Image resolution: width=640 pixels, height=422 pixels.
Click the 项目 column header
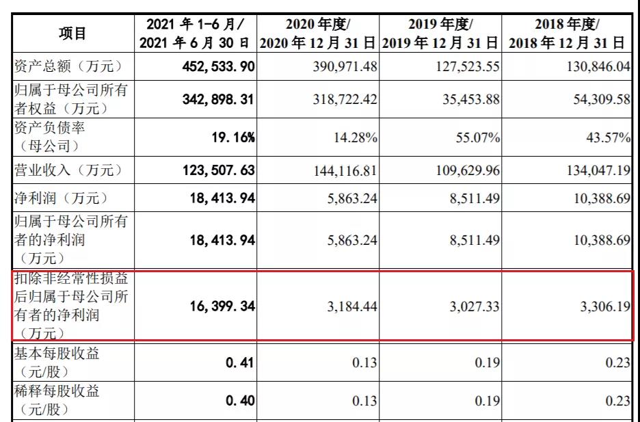click(72, 34)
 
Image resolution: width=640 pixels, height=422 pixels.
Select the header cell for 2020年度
click(318, 33)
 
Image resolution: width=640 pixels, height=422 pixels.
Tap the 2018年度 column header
click(567, 33)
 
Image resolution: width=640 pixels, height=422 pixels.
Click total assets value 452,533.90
click(218, 66)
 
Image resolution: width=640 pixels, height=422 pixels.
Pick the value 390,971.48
click(345, 66)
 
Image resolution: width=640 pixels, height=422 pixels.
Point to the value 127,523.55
click(467, 66)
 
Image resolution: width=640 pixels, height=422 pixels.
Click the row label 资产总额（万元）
click(68, 66)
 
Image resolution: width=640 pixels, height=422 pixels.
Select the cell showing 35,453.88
click(471, 99)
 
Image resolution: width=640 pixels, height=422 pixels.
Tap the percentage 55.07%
click(478, 137)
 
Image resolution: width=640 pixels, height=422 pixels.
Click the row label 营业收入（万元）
click(68, 170)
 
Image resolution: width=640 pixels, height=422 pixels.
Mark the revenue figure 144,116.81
click(345, 170)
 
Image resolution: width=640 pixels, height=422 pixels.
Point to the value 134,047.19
click(598, 170)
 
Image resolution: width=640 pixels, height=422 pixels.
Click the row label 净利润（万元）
click(62, 198)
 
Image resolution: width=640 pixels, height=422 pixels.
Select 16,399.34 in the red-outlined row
click(222, 306)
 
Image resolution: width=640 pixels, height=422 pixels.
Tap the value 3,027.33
click(475, 306)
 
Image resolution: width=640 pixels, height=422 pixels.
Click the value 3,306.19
click(606, 306)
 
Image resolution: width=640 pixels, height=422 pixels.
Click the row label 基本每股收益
click(57, 354)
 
